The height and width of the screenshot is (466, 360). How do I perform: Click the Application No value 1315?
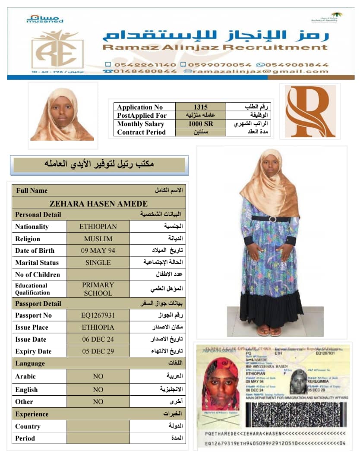(x=200, y=107)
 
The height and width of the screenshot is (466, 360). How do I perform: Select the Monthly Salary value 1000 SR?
(x=200, y=124)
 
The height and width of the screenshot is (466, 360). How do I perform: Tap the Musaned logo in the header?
(x=45, y=19)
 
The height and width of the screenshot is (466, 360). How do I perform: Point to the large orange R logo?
(x=310, y=111)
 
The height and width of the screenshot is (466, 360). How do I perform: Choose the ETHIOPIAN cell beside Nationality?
(x=98, y=227)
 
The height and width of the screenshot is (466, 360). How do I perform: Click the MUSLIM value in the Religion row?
(x=98, y=239)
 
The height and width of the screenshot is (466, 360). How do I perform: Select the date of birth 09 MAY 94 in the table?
(x=98, y=251)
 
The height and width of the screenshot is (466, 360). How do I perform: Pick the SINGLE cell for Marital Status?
(x=98, y=262)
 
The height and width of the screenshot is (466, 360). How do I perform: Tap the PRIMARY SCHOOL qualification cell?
(x=98, y=289)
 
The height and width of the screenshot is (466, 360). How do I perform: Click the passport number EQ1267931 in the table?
(x=98, y=315)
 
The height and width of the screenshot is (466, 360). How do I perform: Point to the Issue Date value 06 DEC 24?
(x=98, y=340)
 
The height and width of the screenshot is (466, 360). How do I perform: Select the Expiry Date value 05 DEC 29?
(x=98, y=351)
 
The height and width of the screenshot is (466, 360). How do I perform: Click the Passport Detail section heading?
(x=38, y=304)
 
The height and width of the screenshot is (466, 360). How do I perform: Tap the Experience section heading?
(x=32, y=414)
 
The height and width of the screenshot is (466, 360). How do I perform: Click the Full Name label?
(x=32, y=191)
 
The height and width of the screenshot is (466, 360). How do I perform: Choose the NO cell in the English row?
(x=98, y=390)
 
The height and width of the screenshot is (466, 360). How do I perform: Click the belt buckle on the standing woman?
(x=273, y=219)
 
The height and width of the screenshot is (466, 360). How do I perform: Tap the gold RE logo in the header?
(x=57, y=49)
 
